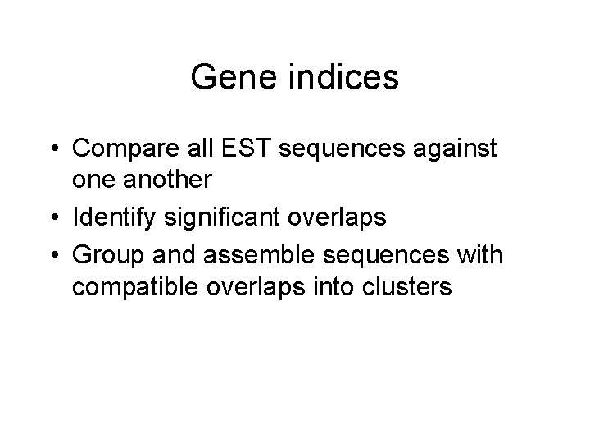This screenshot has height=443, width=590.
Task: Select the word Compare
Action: click(122, 149)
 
